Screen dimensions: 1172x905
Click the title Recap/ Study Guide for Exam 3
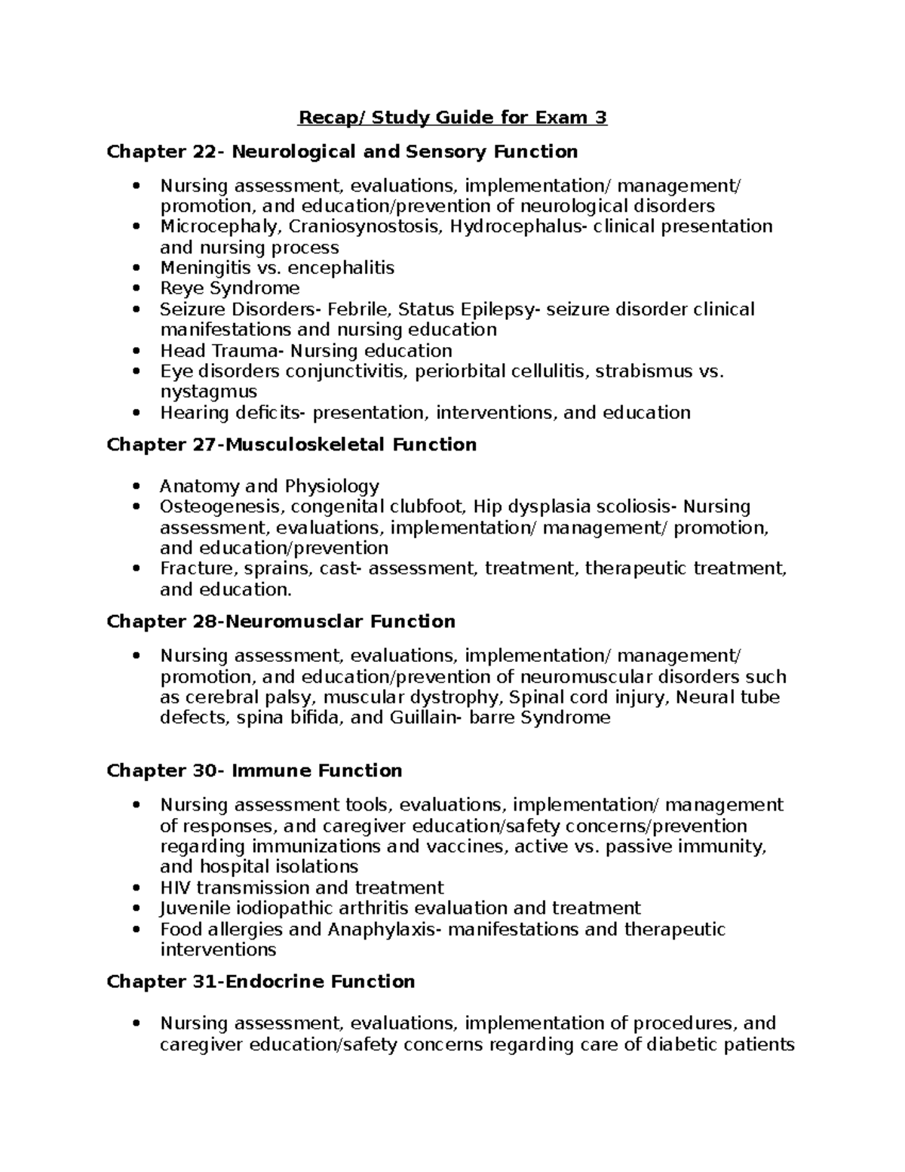point(452,118)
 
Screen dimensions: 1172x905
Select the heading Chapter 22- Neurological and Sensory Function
point(342,152)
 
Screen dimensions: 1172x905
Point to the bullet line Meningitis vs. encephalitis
point(277,268)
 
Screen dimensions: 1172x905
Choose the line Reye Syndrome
point(229,288)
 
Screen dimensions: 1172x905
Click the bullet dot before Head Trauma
point(136,351)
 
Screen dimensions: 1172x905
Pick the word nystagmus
point(208,392)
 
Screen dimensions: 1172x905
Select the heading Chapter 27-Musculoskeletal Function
point(292,445)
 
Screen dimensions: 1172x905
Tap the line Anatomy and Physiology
point(269,486)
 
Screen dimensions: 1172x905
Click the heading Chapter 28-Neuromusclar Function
point(281,622)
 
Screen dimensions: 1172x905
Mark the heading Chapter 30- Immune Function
point(254,771)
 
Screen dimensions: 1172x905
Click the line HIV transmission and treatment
point(302,887)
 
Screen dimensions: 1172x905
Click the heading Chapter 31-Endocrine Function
point(261,982)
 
